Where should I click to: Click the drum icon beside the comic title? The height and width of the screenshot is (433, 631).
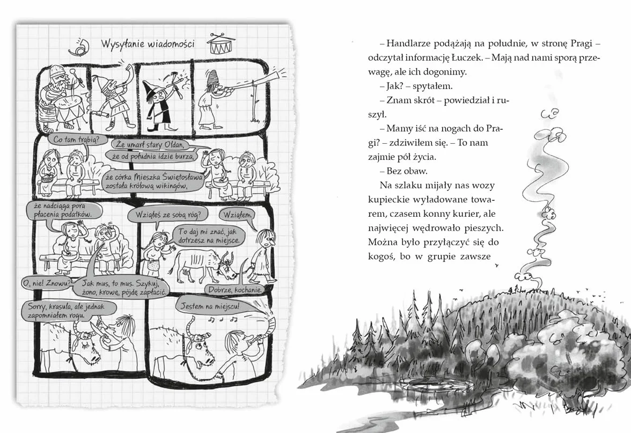click(221, 44)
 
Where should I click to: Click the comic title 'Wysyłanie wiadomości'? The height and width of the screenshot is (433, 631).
click(148, 43)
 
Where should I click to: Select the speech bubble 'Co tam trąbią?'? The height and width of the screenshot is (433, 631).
click(75, 140)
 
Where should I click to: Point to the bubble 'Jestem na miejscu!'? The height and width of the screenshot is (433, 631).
click(210, 306)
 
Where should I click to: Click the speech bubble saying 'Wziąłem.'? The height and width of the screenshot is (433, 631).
click(237, 215)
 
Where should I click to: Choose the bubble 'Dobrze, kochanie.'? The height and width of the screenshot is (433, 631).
click(234, 289)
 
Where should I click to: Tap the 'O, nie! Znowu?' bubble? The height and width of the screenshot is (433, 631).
click(47, 283)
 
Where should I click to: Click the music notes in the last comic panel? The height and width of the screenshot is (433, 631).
click(223, 320)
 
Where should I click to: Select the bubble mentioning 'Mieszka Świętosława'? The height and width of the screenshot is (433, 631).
click(153, 181)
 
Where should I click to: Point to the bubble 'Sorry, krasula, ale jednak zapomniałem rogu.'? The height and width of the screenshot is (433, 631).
click(67, 311)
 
